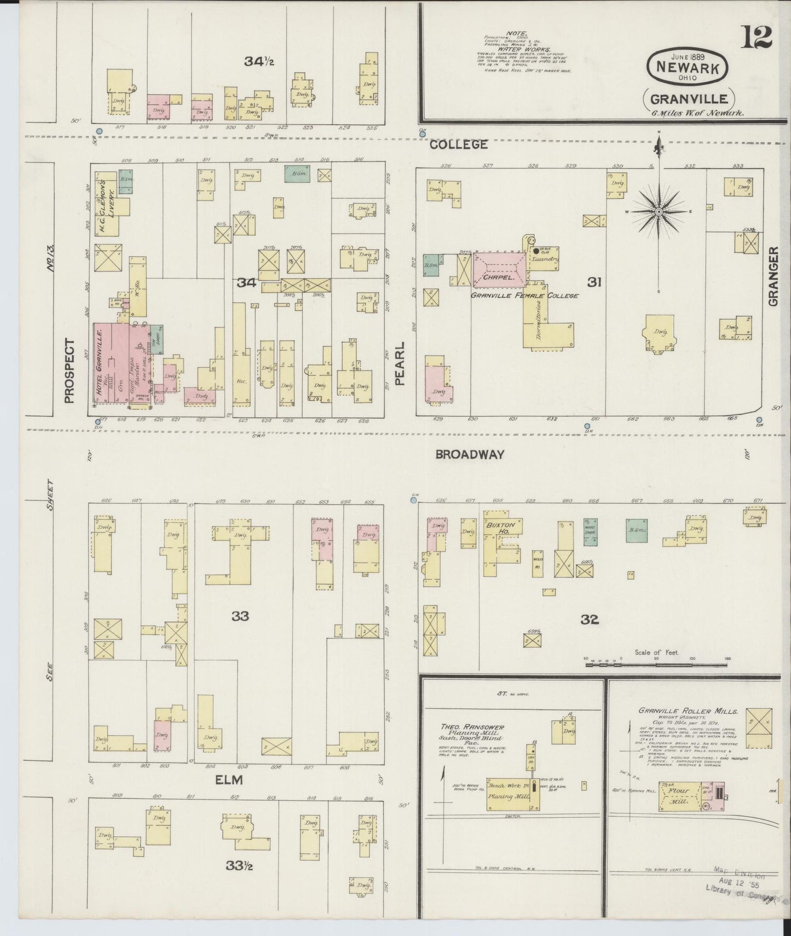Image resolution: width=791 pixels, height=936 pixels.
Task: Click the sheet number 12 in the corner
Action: [757, 38]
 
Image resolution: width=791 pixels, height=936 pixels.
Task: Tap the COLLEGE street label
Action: [459, 145]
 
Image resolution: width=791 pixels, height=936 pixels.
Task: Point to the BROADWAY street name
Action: [470, 454]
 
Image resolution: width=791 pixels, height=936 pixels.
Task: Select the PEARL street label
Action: [400, 363]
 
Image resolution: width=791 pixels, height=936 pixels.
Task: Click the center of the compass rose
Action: [659, 211]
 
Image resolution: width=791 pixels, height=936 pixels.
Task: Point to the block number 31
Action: [595, 282]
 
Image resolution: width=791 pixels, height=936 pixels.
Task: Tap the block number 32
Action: [590, 619]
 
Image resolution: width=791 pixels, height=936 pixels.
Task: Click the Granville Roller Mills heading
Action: [688, 711]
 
